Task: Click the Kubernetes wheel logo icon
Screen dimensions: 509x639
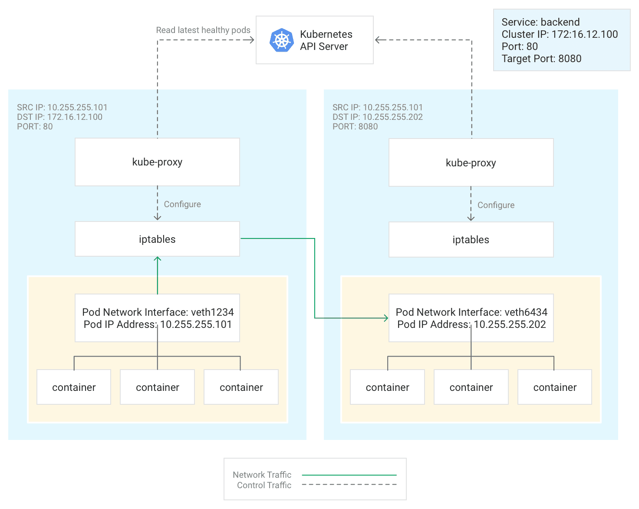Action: coord(282,40)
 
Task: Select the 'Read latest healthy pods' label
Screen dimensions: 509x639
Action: coord(203,30)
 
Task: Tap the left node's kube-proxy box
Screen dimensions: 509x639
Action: coord(157,162)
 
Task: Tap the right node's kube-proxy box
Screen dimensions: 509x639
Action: coord(471,163)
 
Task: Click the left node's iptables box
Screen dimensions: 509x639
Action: coord(157,239)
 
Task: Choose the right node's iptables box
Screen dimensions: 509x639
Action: coord(471,240)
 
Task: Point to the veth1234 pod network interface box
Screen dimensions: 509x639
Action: coord(157,318)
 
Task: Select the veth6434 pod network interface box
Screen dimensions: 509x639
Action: coord(471,318)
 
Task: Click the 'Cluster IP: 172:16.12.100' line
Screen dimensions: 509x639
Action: coord(559,34)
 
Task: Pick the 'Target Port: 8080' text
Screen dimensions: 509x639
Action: coord(541,59)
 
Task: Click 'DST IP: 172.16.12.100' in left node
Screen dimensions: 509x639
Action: coord(59,117)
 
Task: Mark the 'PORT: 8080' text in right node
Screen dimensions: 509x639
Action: coord(355,126)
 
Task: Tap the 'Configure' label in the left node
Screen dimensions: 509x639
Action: coord(182,204)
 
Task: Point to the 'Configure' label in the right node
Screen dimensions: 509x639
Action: coord(496,205)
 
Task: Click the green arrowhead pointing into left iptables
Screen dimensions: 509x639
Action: coord(158,259)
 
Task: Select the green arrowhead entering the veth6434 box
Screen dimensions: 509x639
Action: coord(385,318)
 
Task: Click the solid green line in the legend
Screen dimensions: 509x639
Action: coord(349,475)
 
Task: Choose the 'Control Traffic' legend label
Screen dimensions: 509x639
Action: coord(264,485)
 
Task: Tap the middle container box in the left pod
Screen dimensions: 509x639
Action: coord(157,387)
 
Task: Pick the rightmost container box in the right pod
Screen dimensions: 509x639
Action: coord(554,387)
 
